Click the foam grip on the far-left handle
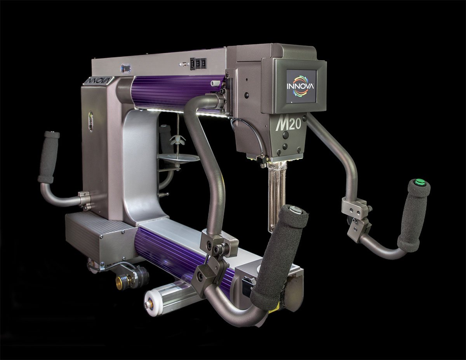[x=49, y=157]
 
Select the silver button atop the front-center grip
[x=294, y=210]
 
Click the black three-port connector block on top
[x=197, y=64]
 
